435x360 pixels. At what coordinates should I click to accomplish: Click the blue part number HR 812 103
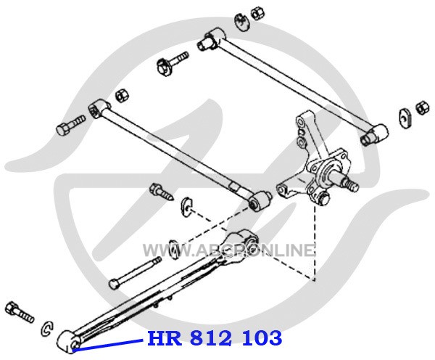[215, 338]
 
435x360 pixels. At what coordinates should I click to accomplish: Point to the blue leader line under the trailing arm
[108, 345]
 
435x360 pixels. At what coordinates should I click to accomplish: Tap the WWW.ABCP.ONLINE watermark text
[228, 250]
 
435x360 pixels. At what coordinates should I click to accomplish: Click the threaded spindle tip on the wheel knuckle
[350, 184]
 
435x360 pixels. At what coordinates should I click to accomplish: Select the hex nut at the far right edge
[423, 108]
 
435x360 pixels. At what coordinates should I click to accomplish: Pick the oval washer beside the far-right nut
[405, 118]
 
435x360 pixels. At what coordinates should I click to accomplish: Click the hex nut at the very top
[257, 13]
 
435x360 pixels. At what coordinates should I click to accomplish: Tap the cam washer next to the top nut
[242, 22]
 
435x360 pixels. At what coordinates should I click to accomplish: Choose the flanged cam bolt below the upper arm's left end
[171, 63]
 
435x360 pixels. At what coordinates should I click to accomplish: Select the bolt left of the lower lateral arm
[70, 125]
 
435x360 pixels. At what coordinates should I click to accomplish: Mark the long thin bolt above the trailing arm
[135, 273]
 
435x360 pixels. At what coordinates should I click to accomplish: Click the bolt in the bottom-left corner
[20, 311]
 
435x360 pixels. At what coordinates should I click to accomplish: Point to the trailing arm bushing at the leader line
[68, 342]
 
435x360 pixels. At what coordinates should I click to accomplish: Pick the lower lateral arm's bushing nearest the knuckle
[260, 200]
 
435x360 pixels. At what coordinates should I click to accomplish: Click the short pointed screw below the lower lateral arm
[162, 192]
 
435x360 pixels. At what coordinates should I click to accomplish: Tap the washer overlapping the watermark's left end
[174, 249]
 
